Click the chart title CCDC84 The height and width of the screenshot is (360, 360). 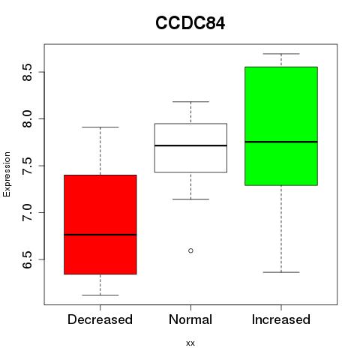point(190,23)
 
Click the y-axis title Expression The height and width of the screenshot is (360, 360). point(7,174)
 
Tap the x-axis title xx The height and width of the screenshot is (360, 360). point(190,343)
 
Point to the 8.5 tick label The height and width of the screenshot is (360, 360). point(27,72)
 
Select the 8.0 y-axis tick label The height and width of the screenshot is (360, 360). point(27,119)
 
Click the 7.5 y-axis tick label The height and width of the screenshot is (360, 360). point(27,166)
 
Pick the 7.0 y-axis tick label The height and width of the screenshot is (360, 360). point(27,212)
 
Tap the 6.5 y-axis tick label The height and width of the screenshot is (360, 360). point(27,259)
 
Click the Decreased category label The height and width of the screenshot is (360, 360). point(100,319)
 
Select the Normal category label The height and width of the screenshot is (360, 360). point(190,319)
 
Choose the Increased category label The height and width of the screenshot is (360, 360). point(281,319)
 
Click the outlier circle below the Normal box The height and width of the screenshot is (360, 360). point(190,250)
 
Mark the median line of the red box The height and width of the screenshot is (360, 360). point(100,235)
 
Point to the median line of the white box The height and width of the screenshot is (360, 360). point(190,145)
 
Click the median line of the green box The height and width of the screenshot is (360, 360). point(281,142)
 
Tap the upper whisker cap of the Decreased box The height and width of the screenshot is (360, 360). point(100,127)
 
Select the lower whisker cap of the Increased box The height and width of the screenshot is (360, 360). point(281,272)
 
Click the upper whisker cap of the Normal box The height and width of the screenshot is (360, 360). point(190,102)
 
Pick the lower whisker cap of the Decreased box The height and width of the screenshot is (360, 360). point(100,295)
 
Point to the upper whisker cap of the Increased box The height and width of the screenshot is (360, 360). point(281,54)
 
